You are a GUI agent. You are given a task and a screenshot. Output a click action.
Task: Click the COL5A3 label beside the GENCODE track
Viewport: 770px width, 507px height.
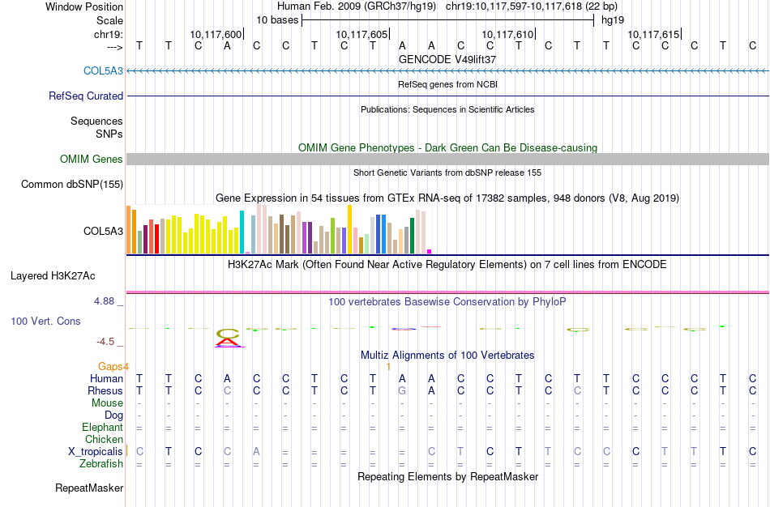[x=103, y=70]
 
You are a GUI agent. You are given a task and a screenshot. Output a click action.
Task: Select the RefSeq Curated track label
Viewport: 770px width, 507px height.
[x=86, y=96]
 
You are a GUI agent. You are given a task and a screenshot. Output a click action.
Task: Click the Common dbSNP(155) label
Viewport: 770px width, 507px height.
[x=72, y=185]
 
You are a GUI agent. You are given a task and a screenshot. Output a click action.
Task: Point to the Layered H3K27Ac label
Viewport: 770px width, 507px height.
[x=66, y=275]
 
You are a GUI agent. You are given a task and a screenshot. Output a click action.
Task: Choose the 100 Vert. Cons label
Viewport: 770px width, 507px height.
[x=45, y=322]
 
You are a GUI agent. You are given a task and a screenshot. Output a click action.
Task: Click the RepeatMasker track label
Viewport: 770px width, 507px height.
[x=89, y=488]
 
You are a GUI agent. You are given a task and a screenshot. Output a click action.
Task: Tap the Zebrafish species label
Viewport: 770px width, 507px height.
[x=101, y=463]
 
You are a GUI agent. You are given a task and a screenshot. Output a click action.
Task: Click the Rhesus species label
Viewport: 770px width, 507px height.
[x=105, y=390]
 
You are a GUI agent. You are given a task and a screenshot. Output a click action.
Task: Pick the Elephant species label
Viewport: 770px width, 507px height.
[x=102, y=427]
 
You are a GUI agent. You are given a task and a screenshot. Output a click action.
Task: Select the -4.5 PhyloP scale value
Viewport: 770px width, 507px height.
[x=109, y=342]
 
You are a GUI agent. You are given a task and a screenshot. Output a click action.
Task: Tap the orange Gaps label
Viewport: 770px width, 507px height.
[x=113, y=366]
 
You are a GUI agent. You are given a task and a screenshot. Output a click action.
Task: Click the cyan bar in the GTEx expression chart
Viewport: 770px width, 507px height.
[x=242, y=232]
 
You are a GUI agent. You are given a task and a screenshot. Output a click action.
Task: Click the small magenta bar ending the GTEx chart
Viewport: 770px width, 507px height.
[x=429, y=251]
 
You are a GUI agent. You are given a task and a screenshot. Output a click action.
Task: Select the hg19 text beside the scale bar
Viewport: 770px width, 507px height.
[x=613, y=19]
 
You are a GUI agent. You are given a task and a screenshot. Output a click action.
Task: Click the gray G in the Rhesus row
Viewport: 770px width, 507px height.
[x=402, y=390]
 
